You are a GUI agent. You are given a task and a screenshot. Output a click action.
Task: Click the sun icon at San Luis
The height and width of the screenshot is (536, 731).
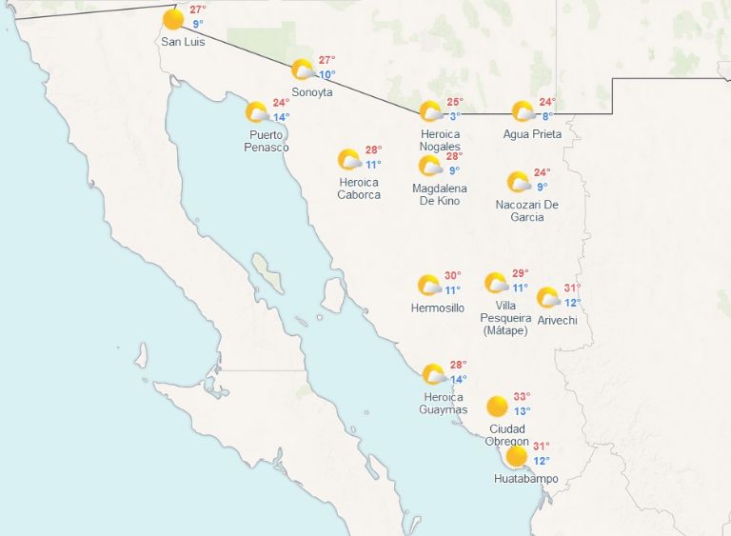(x=173, y=19)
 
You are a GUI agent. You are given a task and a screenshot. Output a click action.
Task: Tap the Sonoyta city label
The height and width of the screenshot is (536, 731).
(x=312, y=92)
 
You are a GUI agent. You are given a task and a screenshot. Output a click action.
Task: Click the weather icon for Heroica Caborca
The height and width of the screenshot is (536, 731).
(x=349, y=160)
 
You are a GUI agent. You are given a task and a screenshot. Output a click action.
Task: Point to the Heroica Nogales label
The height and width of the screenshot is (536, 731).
(x=441, y=140)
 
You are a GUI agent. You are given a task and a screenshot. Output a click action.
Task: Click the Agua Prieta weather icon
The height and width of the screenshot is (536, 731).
(x=523, y=111)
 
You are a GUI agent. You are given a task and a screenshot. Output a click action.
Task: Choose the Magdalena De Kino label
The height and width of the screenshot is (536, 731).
(x=440, y=194)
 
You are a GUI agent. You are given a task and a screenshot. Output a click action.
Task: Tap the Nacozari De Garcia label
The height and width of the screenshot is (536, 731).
(x=526, y=210)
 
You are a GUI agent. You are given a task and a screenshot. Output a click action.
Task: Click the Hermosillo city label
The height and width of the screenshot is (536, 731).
(x=438, y=308)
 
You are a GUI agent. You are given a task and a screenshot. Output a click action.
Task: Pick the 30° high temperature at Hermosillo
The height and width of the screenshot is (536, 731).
(x=452, y=276)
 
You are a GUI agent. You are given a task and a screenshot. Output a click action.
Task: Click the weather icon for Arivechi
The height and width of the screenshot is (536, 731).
(x=548, y=298)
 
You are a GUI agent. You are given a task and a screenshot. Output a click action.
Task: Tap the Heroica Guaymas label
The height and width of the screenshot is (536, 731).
(x=444, y=404)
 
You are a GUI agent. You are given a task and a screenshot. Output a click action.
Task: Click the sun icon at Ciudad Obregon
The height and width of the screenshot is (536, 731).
(x=497, y=407)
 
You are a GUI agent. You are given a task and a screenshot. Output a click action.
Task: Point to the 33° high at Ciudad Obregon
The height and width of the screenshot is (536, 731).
(x=522, y=397)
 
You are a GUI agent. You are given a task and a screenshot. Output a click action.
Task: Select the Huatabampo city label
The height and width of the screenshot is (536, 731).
(x=525, y=478)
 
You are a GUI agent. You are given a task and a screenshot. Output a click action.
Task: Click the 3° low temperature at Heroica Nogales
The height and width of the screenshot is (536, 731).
(x=455, y=116)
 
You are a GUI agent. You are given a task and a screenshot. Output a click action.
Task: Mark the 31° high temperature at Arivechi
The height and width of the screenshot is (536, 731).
(x=572, y=288)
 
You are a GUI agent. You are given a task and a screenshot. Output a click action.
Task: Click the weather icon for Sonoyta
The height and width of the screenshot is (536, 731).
(x=303, y=69)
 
